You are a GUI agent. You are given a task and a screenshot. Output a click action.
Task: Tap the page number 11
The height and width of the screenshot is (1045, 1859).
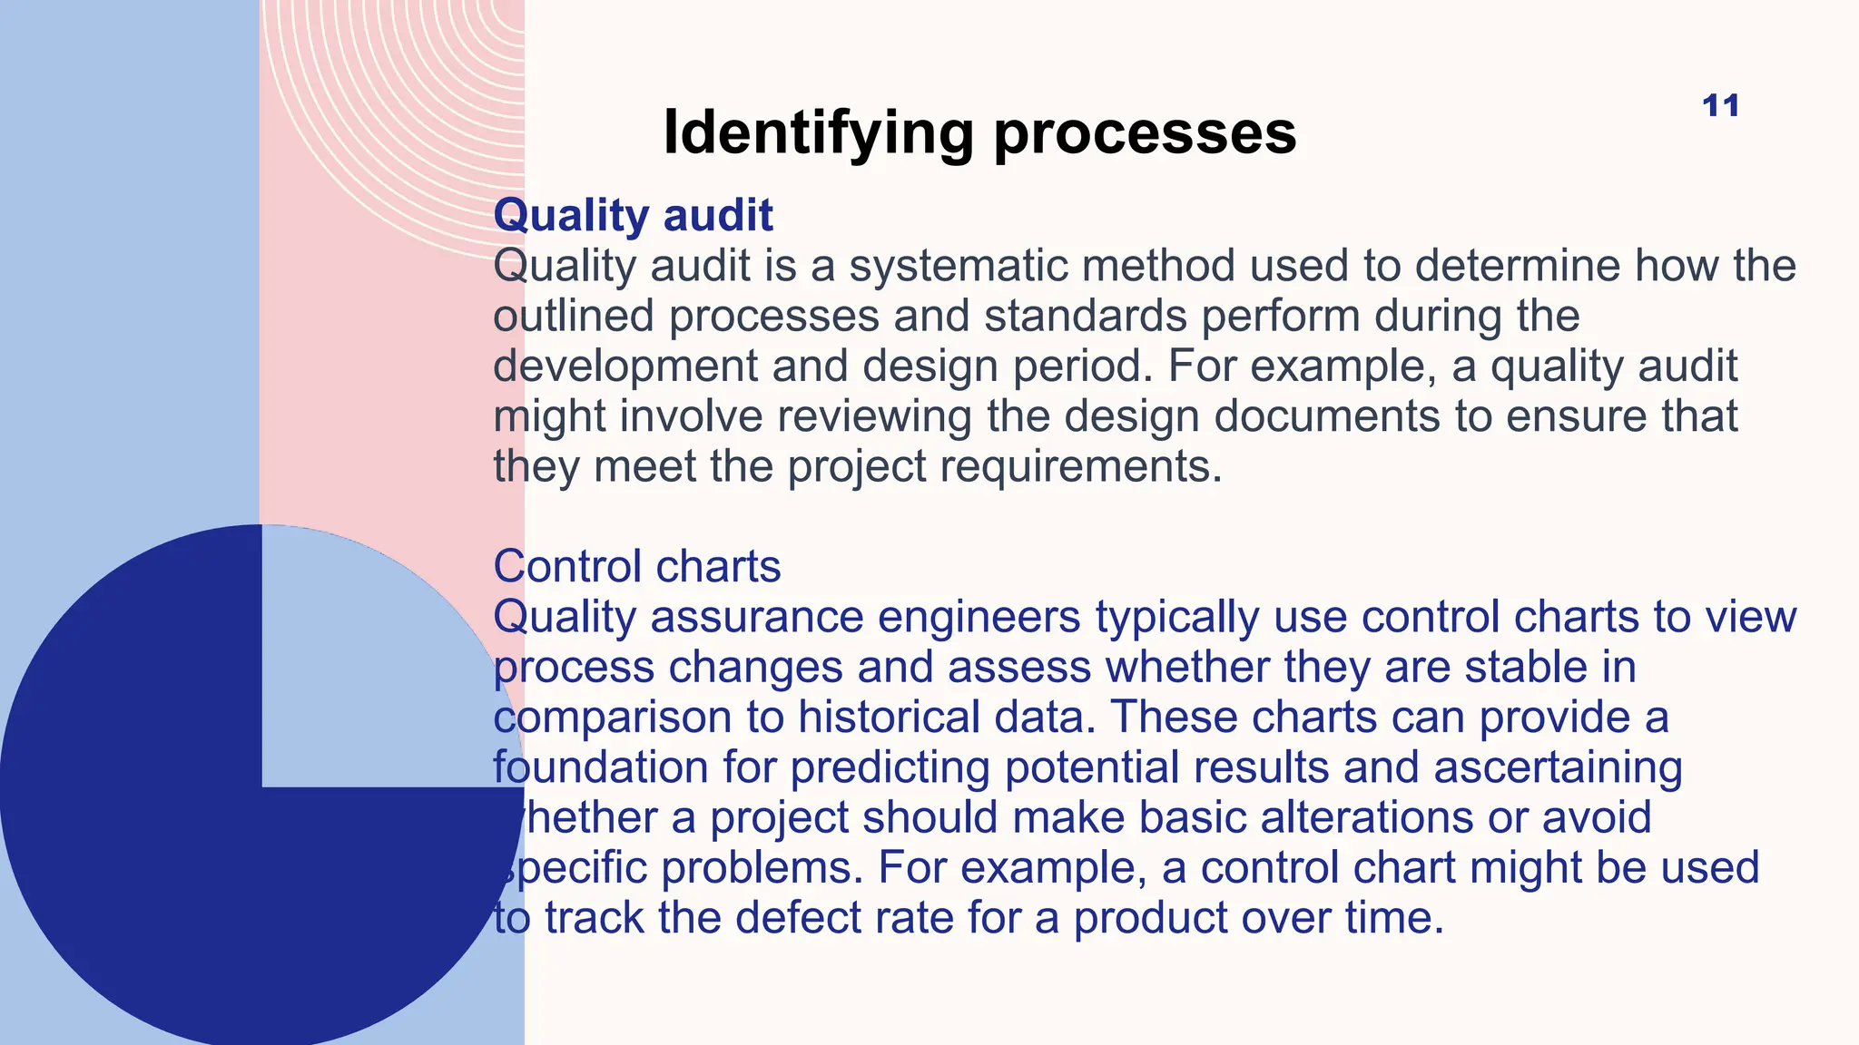[x=1720, y=105]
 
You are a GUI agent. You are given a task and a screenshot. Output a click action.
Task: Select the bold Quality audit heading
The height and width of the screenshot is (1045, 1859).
[x=633, y=215]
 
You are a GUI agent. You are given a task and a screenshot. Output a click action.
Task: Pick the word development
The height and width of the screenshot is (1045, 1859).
[x=625, y=366]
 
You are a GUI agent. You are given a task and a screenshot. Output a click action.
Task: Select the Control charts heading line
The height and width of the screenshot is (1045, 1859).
[x=636, y=566]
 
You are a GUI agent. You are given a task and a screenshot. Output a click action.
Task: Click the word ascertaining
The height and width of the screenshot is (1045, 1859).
[x=1558, y=767]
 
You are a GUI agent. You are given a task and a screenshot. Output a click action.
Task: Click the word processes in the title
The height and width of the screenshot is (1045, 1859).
[x=1145, y=133]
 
